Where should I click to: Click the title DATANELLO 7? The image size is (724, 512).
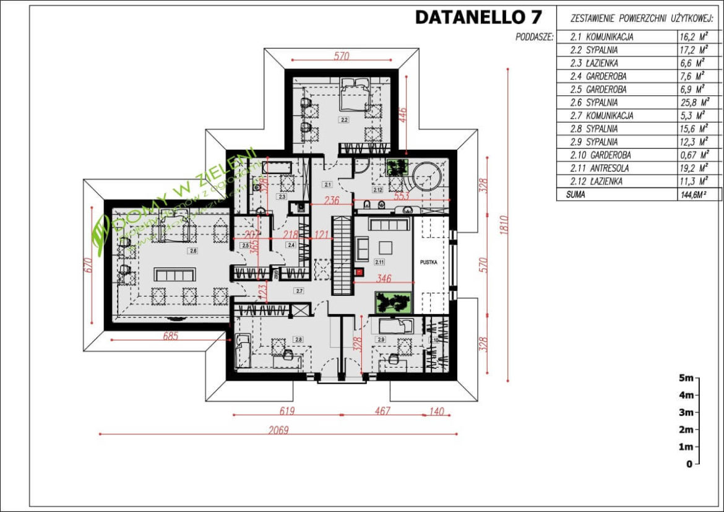click(478, 17)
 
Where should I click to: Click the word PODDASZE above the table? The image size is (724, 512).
click(534, 37)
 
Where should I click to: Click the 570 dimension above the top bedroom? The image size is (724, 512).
click(342, 56)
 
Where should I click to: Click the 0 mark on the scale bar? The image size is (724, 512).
click(688, 464)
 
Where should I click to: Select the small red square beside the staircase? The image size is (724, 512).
click(357, 271)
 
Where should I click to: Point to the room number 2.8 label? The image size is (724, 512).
click(298, 339)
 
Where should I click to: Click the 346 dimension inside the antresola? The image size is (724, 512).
click(384, 279)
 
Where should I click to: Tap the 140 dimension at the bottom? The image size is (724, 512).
click(437, 411)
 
